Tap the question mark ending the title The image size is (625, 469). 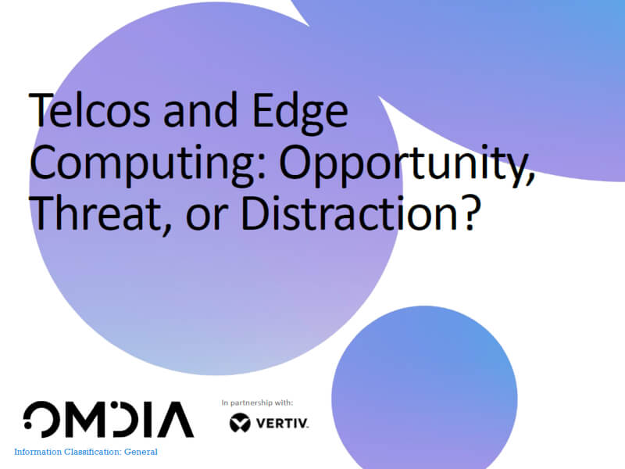pyautogui.click(x=466, y=213)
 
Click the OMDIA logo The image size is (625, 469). pyautogui.click(x=108, y=420)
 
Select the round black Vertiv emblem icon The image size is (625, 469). pyautogui.click(x=240, y=423)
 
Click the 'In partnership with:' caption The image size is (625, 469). pyautogui.click(x=257, y=403)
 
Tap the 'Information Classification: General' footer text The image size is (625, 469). pyautogui.click(x=86, y=452)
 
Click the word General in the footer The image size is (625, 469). pyautogui.click(x=141, y=452)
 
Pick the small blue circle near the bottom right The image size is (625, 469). pyautogui.click(x=424, y=386)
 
